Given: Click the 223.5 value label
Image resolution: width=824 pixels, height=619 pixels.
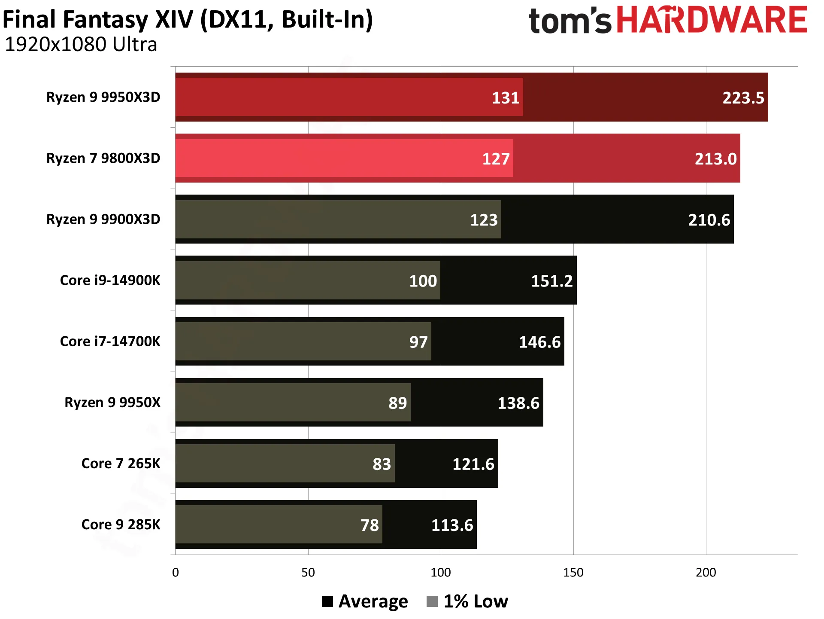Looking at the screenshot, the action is click(x=743, y=98).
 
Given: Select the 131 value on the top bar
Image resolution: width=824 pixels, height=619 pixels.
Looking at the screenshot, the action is click(x=506, y=98).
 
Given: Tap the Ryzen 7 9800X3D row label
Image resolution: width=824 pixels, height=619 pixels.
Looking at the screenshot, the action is click(x=103, y=158).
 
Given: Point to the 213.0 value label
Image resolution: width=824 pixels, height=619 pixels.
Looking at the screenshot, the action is click(x=715, y=159).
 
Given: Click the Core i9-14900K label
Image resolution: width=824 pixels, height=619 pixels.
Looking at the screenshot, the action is click(x=110, y=280).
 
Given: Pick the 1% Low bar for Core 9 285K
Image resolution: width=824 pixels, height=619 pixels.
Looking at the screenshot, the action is click(x=279, y=524).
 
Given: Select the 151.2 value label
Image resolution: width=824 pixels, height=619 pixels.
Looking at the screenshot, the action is click(x=552, y=281).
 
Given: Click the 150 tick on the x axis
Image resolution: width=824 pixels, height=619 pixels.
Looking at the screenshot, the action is click(x=573, y=573).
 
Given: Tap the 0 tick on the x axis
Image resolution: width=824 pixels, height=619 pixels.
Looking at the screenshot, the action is click(x=175, y=573).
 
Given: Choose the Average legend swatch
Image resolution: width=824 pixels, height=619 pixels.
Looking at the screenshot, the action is click(x=327, y=601).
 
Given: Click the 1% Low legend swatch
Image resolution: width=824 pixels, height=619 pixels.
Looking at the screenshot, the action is click(x=432, y=601).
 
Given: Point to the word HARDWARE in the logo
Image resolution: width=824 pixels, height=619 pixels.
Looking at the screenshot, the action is click(x=712, y=20).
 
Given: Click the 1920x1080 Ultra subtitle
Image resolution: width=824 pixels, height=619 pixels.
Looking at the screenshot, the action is click(x=81, y=44).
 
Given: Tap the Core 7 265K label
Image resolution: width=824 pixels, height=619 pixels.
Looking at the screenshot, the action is click(x=121, y=463).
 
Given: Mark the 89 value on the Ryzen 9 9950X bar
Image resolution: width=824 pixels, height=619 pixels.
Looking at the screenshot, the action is click(x=397, y=403).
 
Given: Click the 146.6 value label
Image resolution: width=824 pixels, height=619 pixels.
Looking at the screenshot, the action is click(x=539, y=342).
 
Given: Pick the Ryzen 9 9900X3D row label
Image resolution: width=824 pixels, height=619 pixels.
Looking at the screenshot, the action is click(x=103, y=219).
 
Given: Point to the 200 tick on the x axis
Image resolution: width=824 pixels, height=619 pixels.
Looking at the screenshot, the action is click(x=706, y=573).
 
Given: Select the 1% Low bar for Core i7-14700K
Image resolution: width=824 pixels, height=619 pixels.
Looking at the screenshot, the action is click(x=303, y=341).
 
